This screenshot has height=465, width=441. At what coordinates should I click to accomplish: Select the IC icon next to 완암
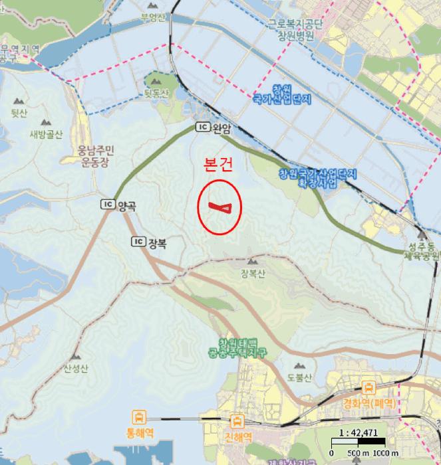[x=203, y=128]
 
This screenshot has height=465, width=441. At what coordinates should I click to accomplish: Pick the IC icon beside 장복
[x=138, y=242]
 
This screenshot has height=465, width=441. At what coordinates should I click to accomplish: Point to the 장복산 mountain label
[x=253, y=274]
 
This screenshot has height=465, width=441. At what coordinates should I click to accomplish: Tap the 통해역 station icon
[x=140, y=418]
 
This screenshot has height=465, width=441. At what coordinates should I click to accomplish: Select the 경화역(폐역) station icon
[x=368, y=388]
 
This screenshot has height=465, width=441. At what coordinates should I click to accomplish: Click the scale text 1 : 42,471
[x=358, y=432]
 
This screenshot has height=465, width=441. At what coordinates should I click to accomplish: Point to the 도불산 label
[x=300, y=375]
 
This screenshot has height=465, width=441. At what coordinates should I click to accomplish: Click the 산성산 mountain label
[x=75, y=369]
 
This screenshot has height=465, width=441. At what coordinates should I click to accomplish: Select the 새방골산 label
[x=45, y=135]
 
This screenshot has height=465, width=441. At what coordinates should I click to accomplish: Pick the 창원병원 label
[x=295, y=34]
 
